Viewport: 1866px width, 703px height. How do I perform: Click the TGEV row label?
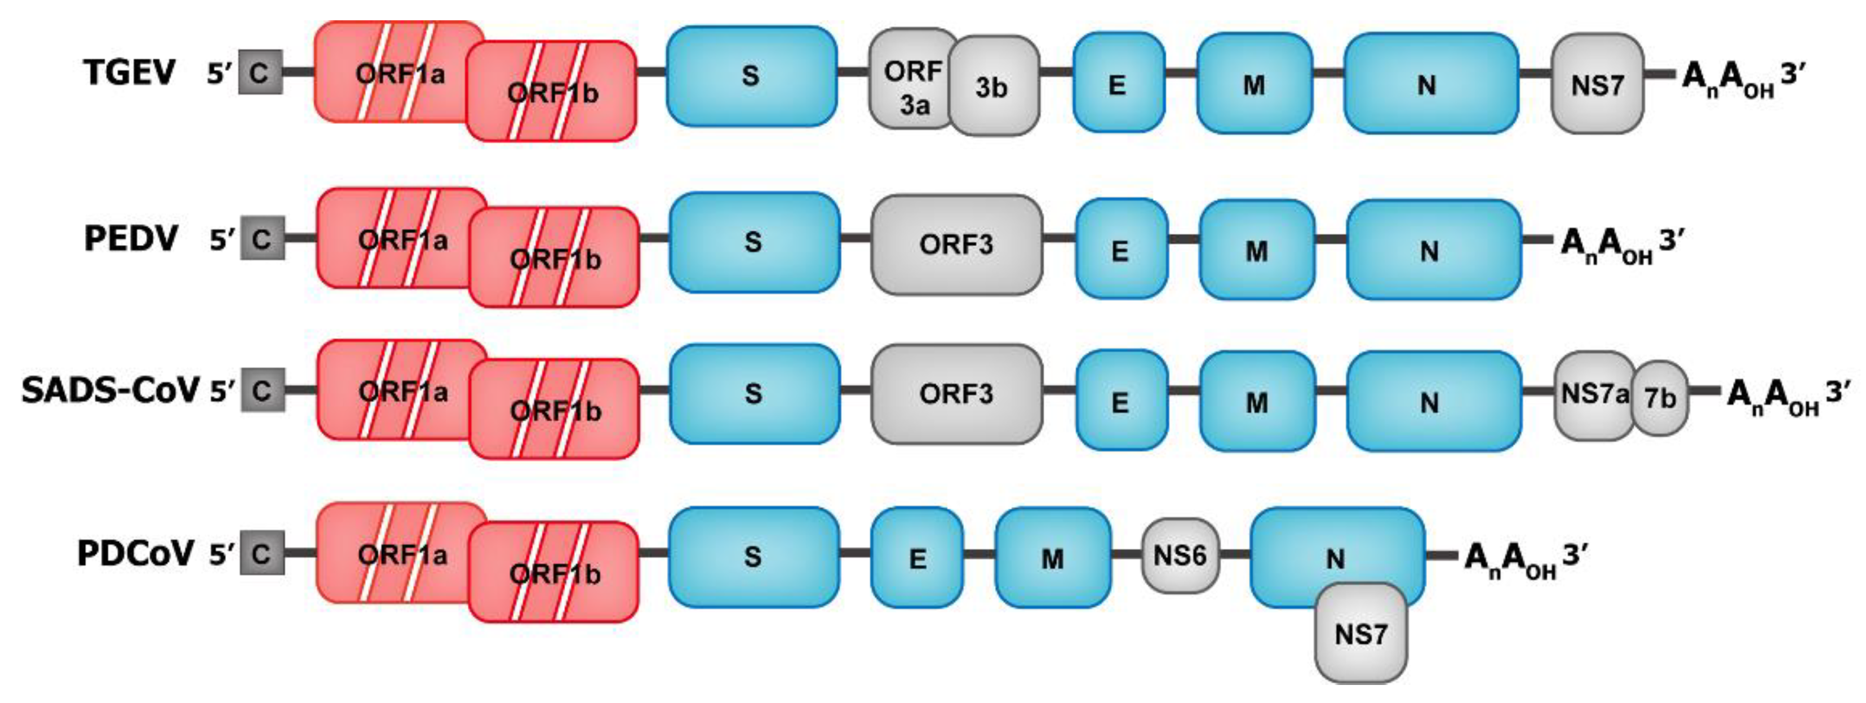130,73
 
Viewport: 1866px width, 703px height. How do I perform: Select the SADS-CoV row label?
110,391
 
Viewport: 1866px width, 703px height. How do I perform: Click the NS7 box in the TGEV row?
1597,84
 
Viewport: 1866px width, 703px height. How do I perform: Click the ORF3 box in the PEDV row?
956,244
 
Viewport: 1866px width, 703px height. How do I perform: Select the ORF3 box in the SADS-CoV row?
956,394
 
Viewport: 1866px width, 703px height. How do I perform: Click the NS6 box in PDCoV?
1180,555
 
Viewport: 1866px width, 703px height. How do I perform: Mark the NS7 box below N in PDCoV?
1360,635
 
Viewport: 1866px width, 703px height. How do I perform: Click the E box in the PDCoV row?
917,558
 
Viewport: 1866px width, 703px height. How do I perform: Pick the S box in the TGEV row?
751,76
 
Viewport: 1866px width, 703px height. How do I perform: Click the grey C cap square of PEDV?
261,238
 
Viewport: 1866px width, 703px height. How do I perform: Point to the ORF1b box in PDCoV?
554,573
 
